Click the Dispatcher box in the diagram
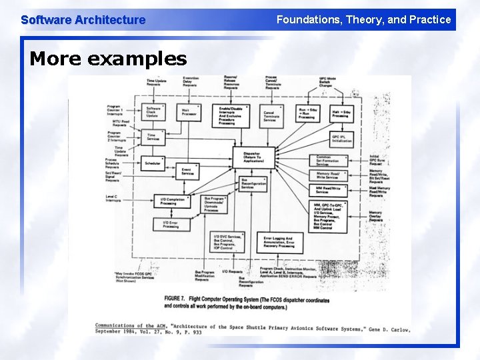pos(251,157)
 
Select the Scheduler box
pos(153,163)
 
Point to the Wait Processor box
pos(189,112)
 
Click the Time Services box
pos(153,137)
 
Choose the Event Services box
pos(188,171)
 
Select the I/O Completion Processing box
pos(172,201)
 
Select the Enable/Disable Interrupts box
pos(231,115)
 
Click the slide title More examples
pos(108,59)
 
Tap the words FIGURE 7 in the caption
pos(177,298)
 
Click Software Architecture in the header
pos(83,19)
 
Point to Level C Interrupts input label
pos(113,198)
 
